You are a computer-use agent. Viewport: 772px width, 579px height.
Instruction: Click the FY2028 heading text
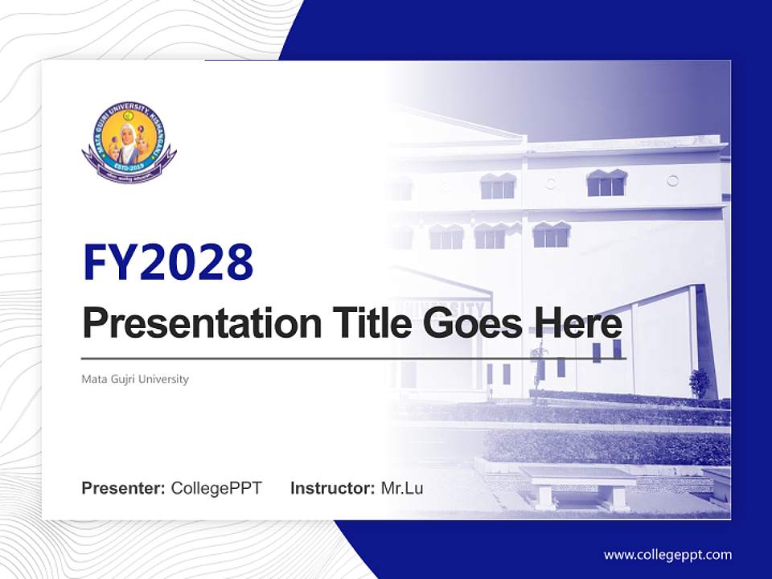[x=168, y=263]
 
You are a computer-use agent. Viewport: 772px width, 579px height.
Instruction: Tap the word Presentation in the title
[x=191, y=324]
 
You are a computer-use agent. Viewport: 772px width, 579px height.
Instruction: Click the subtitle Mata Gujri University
[x=135, y=379]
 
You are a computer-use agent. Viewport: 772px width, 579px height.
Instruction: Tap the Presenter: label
[x=124, y=488]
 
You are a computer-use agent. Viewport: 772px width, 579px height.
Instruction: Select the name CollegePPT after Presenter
[x=216, y=488]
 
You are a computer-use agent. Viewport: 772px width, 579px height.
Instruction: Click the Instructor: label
[x=332, y=488]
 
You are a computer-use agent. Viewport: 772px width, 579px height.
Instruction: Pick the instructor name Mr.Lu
[x=402, y=488]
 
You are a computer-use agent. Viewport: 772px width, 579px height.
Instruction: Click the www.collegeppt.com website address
[x=667, y=554]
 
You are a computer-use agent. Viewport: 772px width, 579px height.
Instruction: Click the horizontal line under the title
[x=354, y=358]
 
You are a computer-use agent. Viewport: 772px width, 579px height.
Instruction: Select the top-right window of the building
[x=606, y=184]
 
